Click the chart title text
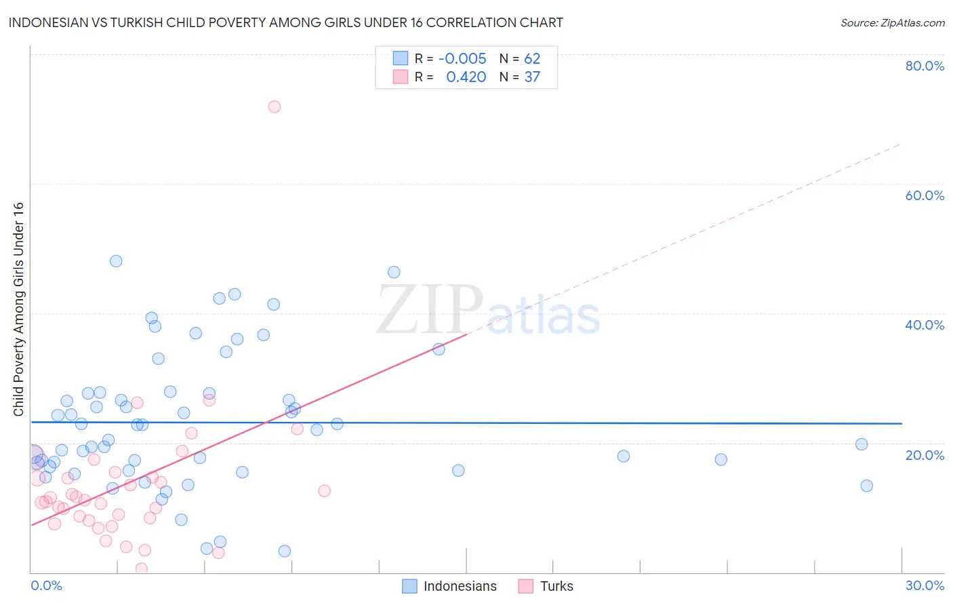[285, 23]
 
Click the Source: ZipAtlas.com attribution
[892, 23]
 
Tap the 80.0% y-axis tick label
[925, 66]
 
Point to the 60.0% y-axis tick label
[925, 195]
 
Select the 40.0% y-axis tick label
[925, 325]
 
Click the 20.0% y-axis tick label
[925, 455]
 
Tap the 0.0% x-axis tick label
[46, 585]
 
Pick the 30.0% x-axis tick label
[925, 585]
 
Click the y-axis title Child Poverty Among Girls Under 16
[18, 309]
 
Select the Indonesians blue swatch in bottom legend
[409, 586]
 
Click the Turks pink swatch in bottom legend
[525, 586]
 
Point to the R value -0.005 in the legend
[462, 59]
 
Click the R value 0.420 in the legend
[466, 77]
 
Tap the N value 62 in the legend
[532, 59]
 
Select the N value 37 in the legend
[532, 77]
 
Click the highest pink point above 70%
[275, 106]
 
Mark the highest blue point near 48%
[116, 261]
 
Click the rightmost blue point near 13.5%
[866, 486]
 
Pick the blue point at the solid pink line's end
[439, 349]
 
